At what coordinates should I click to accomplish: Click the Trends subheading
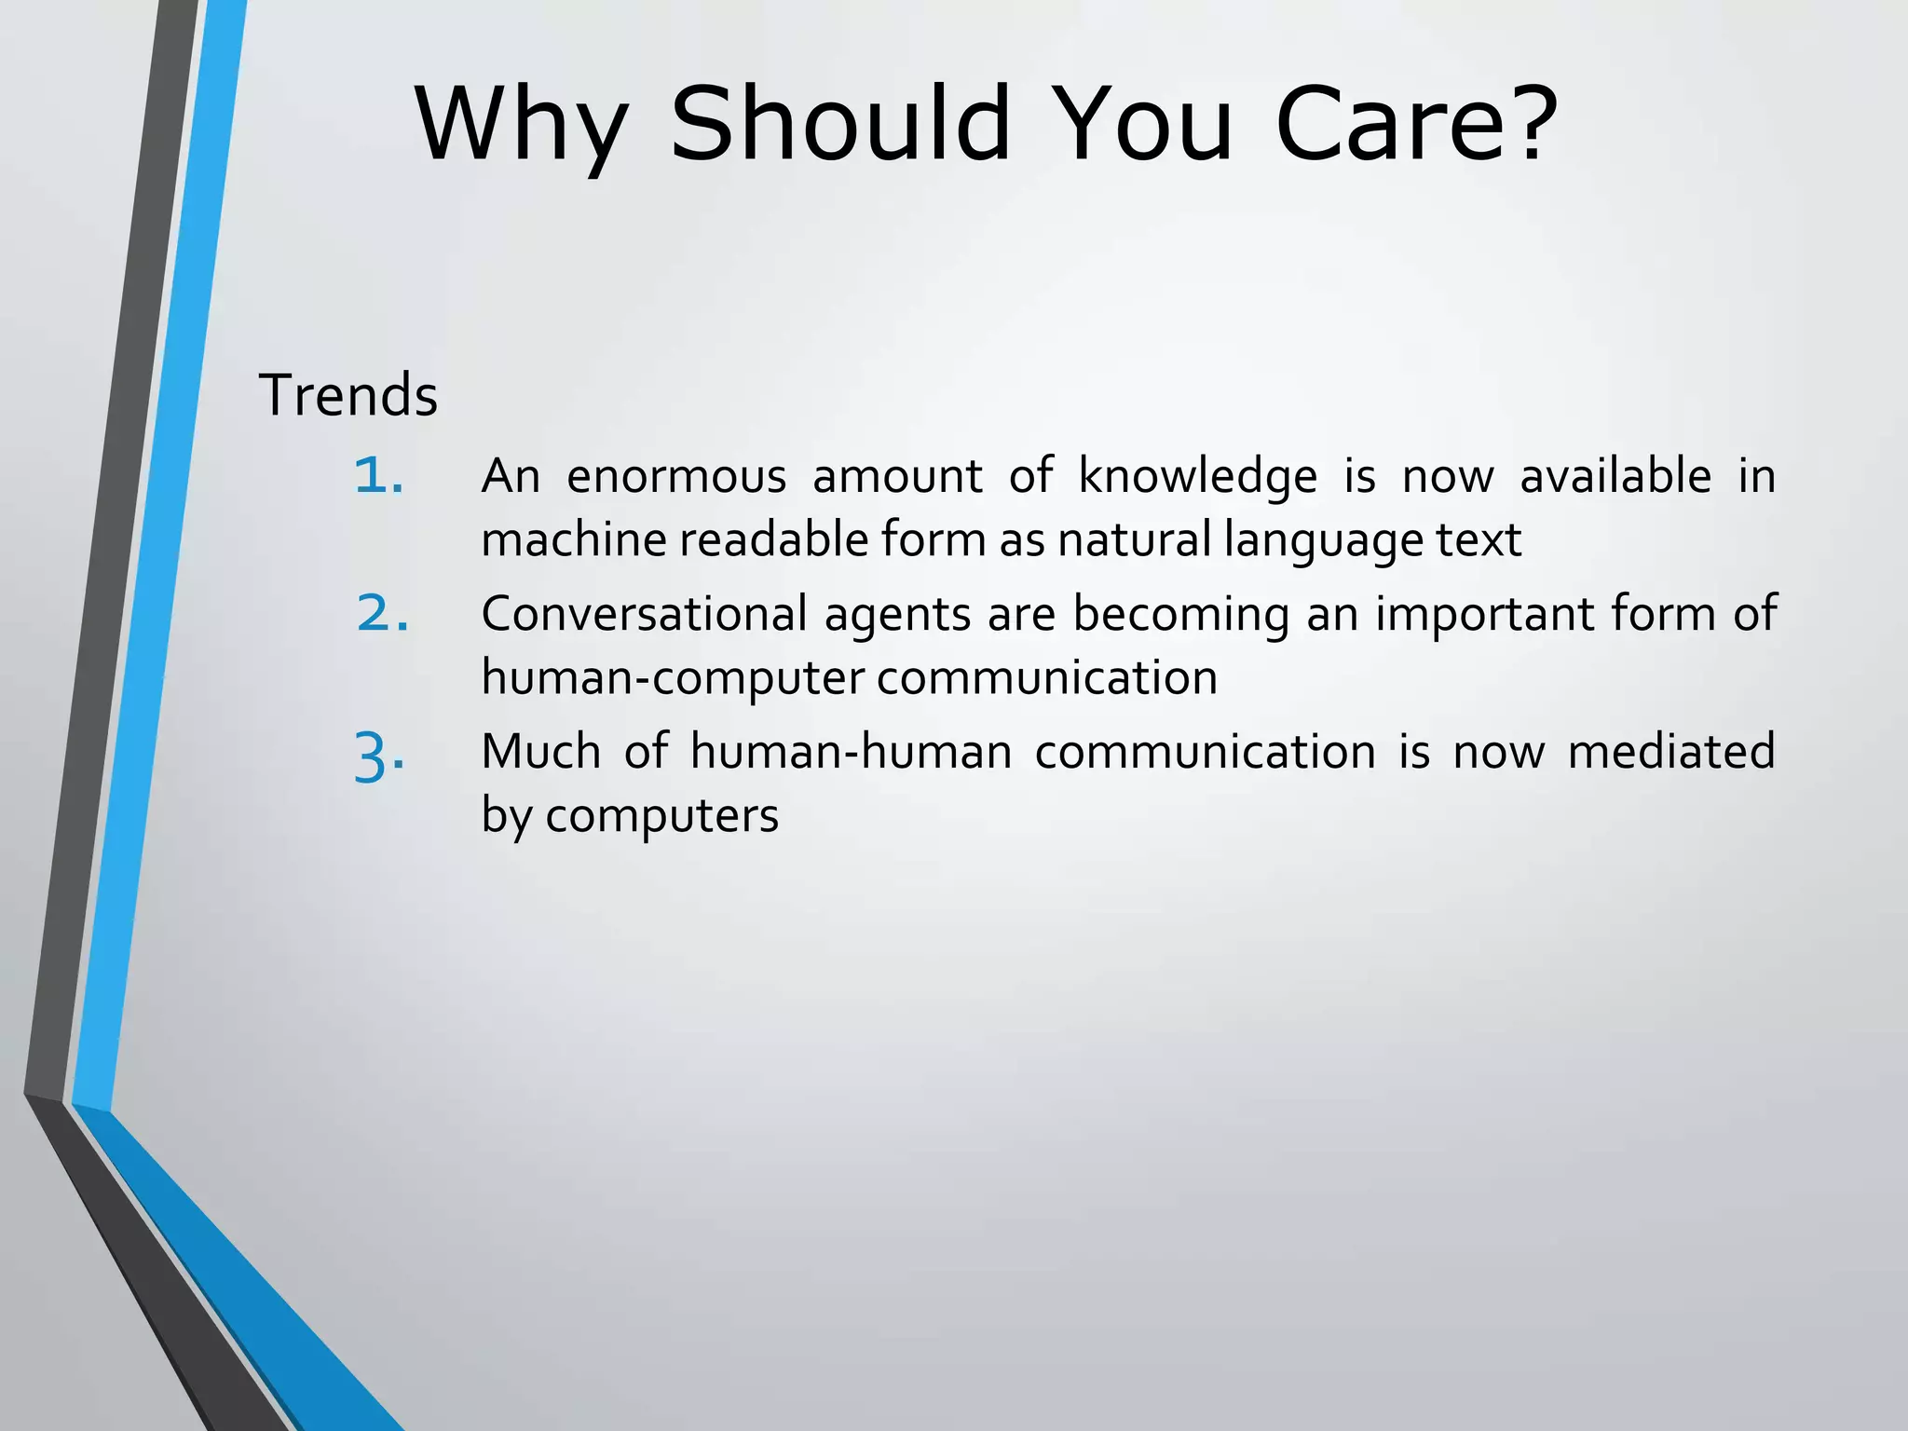[348, 395]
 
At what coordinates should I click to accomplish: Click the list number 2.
[382, 614]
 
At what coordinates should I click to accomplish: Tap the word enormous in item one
[676, 476]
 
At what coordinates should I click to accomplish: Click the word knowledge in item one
[1198, 478]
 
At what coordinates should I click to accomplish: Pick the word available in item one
[1615, 476]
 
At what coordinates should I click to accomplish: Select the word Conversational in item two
[644, 614]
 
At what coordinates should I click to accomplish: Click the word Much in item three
[540, 751]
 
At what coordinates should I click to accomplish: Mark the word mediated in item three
[1671, 751]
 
